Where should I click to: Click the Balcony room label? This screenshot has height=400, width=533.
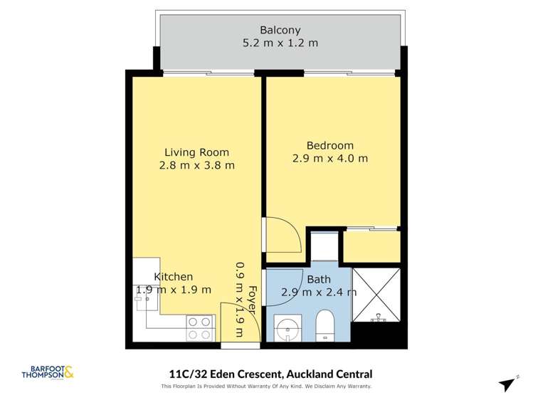click(x=280, y=30)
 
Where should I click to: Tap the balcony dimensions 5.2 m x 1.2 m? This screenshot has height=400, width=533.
click(x=280, y=43)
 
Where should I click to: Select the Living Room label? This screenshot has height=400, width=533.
click(x=196, y=152)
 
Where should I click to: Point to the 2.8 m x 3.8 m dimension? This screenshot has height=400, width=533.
click(x=196, y=165)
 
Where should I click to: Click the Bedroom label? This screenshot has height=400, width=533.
click(x=329, y=144)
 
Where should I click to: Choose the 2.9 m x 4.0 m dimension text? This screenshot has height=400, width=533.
click(x=329, y=158)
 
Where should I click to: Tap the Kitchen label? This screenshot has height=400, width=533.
click(x=174, y=276)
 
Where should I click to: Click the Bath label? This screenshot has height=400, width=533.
click(x=319, y=279)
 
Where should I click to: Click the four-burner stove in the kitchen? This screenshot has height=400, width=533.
click(x=200, y=328)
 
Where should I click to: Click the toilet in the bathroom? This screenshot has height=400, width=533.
click(x=326, y=326)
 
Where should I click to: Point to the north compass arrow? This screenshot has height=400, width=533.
click(x=507, y=384)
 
